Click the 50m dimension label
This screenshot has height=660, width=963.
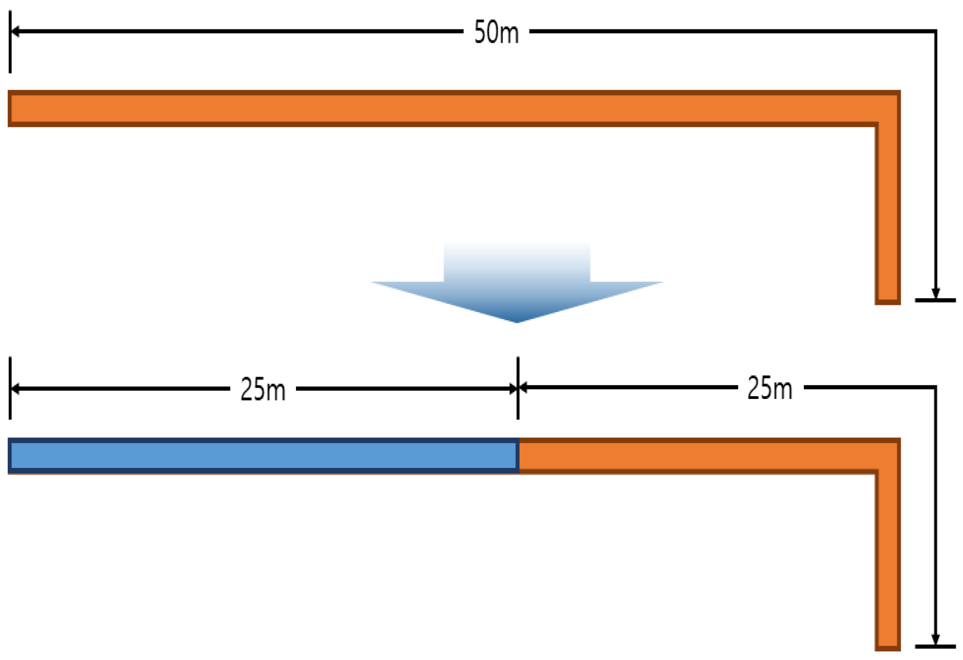[x=496, y=32]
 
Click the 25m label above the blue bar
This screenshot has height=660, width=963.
[x=263, y=390]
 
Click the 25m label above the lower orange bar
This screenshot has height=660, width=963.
[x=769, y=389]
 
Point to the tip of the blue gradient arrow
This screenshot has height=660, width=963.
[x=517, y=321]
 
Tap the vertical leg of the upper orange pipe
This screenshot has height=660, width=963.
[x=887, y=219]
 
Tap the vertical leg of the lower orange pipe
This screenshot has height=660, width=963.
[x=887, y=564]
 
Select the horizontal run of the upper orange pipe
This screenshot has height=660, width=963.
[x=438, y=108]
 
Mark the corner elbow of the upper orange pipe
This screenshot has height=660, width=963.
[x=887, y=108]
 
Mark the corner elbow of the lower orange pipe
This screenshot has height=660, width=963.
[x=887, y=456]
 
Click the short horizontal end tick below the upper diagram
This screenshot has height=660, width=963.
[x=935, y=300]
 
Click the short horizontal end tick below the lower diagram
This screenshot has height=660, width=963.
[x=935, y=646]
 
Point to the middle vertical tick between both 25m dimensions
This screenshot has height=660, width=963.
[x=518, y=387]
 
